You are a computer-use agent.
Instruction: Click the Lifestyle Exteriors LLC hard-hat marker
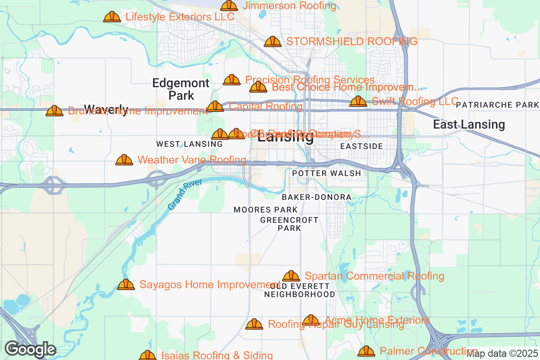pos(112,17)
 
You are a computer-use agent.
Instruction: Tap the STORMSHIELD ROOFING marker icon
pos(273,42)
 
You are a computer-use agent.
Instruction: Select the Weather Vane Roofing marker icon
pos(124,160)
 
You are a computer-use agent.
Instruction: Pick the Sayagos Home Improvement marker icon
pos(126,285)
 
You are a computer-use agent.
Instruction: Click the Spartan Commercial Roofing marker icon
pos(291,276)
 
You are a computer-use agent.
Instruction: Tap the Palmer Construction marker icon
pos(366,351)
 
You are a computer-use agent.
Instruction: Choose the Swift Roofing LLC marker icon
pos(358,101)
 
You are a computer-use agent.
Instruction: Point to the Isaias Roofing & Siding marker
pos(148,355)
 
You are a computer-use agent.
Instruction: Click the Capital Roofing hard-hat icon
pos(215,107)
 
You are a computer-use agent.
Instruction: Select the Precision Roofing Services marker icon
pos(232,80)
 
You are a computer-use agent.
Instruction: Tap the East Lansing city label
pos(469,125)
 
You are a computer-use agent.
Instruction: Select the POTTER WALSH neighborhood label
pos(326,173)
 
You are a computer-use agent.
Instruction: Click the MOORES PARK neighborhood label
pos(265,210)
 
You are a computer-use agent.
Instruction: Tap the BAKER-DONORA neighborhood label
pos(316,197)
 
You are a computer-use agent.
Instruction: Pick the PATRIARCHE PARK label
pos(497,105)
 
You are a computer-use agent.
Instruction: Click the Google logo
pos(30,349)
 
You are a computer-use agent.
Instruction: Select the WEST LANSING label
pos(189,144)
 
